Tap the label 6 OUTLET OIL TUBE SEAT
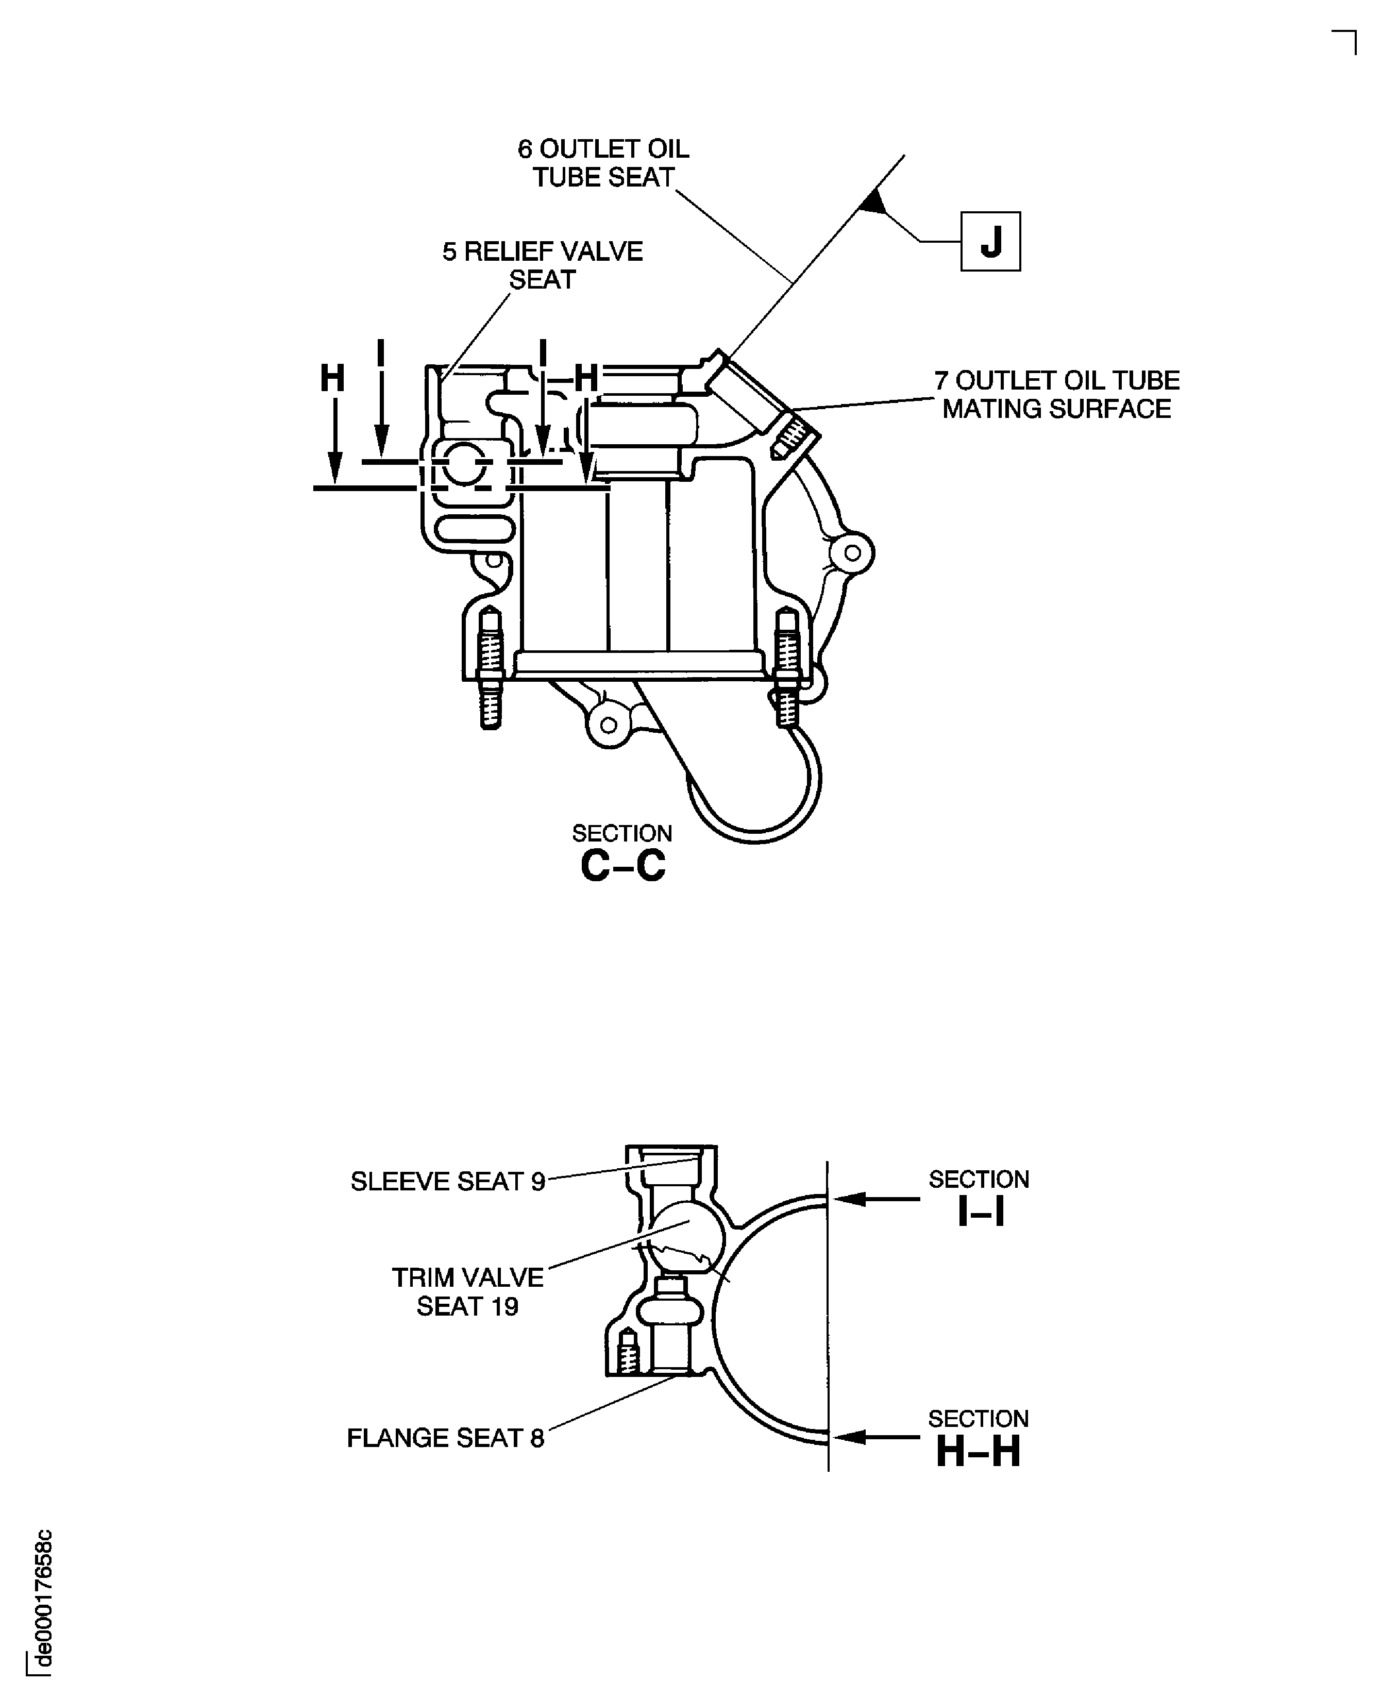pyautogui.click(x=603, y=163)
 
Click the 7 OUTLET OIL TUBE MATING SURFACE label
pyautogui.click(x=1056, y=395)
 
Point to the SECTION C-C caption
pyautogui.click(x=622, y=853)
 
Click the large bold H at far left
pyautogui.click(x=332, y=379)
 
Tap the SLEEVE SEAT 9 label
pyautogui.click(x=448, y=1181)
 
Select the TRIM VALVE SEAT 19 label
pyautogui.click(x=468, y=1292)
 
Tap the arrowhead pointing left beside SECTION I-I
pyautogui.click(x=850, y=1199)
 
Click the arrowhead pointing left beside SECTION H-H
pyautogui.click(x=850, y=1437)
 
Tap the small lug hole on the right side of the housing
pyautogui.click(x=852, y=553)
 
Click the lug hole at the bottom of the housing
pyautogui.click(x=609, y=725)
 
